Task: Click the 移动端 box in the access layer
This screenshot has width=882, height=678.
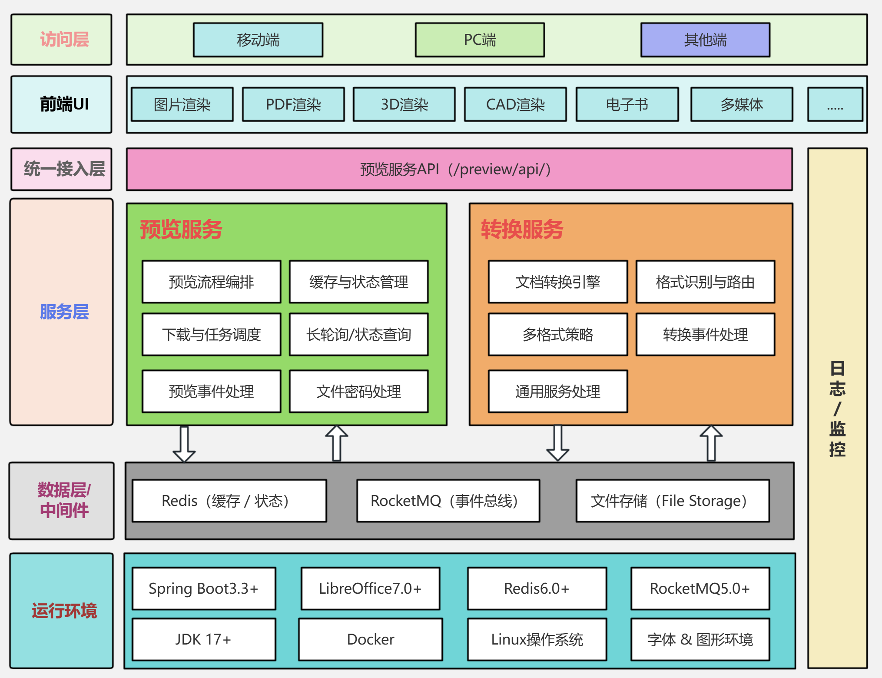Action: click(x=258, y=40)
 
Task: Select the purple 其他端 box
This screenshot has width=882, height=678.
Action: click(x=705, y=40)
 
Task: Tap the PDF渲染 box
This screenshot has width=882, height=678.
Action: click(x=293, y=105)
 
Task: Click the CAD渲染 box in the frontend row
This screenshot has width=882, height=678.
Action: click(x=515, y=105)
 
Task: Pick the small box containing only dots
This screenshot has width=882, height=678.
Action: click(x=835, y=105)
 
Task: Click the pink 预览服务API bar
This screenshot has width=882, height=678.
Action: click(x=459, y=169)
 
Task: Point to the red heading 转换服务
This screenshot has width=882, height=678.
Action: click(x=522, y=229)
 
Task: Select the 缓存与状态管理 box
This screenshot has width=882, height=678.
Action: click(x=359, y=282)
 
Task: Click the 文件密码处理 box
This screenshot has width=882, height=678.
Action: click(x=359, y=392)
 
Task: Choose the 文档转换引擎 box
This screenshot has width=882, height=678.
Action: click(x=558, y=282)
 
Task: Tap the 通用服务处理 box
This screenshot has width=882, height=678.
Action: click(x=558, y=392)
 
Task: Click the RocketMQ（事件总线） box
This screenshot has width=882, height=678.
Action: click(x=448, y=501)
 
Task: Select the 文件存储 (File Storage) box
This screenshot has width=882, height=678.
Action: click(x=673, y=501)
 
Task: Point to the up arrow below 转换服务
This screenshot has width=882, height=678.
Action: click(x=711, y=443)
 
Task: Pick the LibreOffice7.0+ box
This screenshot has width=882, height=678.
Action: click(x=370, y=588)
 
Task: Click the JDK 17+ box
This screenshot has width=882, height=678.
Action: click(x=203, y=639)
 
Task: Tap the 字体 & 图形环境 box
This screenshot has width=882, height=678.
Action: click(x=700, y=639)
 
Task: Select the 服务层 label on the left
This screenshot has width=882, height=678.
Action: click(x=64, y=312)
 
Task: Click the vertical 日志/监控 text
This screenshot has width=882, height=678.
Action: click(x=837, y=409)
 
